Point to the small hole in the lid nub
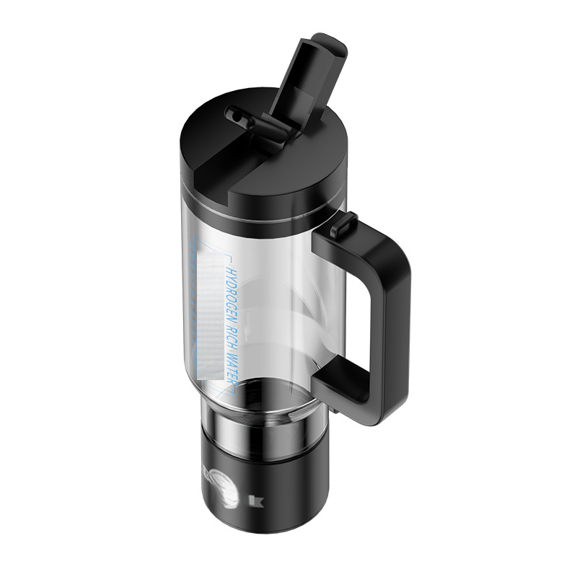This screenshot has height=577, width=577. pos(233,113)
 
